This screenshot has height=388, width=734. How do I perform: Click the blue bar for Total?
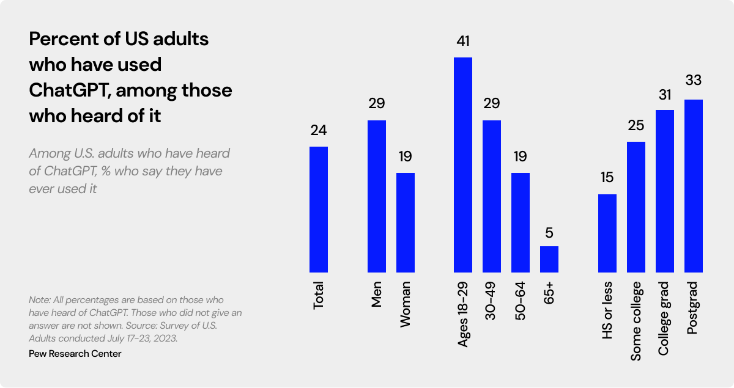click(319, 209)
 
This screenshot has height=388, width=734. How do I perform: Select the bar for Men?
click(377, 196)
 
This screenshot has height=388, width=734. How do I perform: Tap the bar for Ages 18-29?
click(463, 164)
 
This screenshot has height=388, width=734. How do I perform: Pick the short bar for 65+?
click(549, 259)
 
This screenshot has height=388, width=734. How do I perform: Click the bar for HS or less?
click(607, 233)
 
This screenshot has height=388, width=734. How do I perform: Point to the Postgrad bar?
click(694, 186)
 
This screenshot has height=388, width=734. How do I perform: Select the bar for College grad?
click(665, 191)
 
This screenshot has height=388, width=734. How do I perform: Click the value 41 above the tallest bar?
click(463, 42)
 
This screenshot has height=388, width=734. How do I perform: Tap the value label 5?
click(549, 232)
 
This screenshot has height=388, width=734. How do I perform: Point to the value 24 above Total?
click(319, 131)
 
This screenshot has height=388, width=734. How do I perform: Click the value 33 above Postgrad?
click(694, 81)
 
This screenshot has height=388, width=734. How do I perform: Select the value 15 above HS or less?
click(607, 178)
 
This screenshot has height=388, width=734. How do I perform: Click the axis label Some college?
click(636, 321)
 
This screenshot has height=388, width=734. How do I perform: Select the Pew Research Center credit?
click(75, 354)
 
